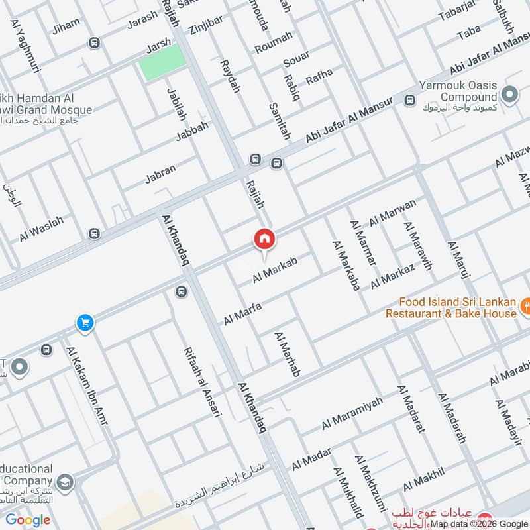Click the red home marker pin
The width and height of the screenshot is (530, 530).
pyautogui.click(x=264, y=239)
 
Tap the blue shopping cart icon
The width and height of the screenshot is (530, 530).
pyautogui.click(x=85, y=323)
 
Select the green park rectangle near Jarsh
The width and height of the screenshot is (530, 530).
pyautogui.click(x=161, y=63)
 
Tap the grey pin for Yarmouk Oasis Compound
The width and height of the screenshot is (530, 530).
pyautogui.click(x=509, y=95)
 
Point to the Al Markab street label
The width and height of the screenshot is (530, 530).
pyautogui.click(x=274, y=270)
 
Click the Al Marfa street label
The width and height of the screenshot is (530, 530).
pyautogui.click(x=242, y=313)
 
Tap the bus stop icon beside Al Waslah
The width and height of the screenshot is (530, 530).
pyautogui.click(x=95, y=233)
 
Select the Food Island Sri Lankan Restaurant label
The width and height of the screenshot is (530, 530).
pyautogui.click(x=450, y=307)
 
